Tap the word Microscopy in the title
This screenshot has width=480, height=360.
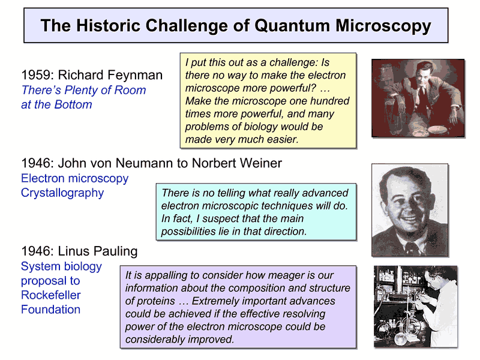point(383,26)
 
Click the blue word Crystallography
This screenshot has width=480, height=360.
point(62,193)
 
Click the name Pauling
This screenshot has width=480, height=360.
point(115,251)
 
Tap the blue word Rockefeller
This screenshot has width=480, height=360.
point(51,295)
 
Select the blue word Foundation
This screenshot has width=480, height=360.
point(51,310)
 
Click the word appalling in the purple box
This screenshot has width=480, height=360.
point(166,275)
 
